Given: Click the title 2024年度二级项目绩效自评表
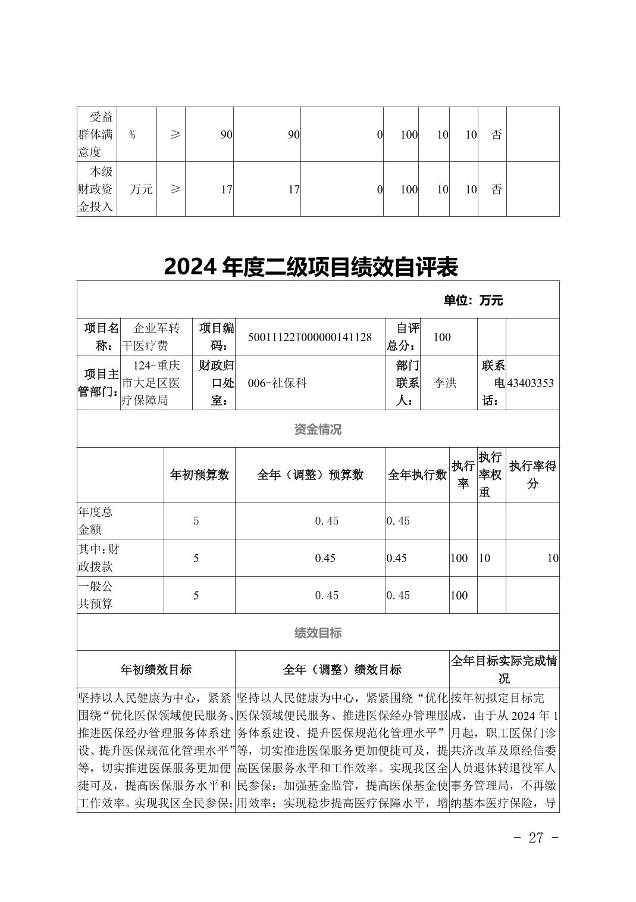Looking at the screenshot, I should pos(311,267).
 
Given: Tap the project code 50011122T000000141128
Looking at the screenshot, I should pos(309,337).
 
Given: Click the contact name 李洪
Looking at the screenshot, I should pos(444,383).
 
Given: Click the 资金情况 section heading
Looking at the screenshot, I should pos(318,429).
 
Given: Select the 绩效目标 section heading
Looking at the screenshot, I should pos(318,633).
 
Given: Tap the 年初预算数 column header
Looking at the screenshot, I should pos(199,475).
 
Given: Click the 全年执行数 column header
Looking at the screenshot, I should pos(417,475).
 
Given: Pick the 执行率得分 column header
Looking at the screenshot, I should pos(532,475).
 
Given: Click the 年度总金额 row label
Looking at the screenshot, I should pos(95,520).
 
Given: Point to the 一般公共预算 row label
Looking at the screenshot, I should pos(95,595).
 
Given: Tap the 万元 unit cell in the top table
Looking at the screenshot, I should pos(142,189).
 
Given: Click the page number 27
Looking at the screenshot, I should pos(535,838).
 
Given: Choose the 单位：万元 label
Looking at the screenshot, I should pos(473,301).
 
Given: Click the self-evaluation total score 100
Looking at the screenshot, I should pos(442,337).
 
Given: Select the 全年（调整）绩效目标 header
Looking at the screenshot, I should pos(342,670).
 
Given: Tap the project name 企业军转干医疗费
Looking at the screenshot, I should pos(151,337).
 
